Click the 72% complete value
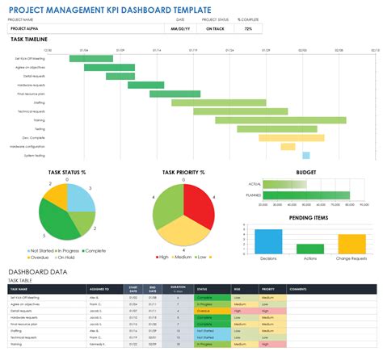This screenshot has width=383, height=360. (248, 28)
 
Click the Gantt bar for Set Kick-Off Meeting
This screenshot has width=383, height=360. (85, 58)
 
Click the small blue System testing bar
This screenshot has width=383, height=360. (306, 155)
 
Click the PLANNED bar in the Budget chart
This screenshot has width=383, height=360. (307, 195)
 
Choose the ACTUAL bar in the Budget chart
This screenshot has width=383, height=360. (287, 184)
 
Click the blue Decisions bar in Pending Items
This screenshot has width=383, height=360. (267, 241)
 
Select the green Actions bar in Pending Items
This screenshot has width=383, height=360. (311, 248)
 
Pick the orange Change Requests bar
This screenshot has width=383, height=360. (352, 244)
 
